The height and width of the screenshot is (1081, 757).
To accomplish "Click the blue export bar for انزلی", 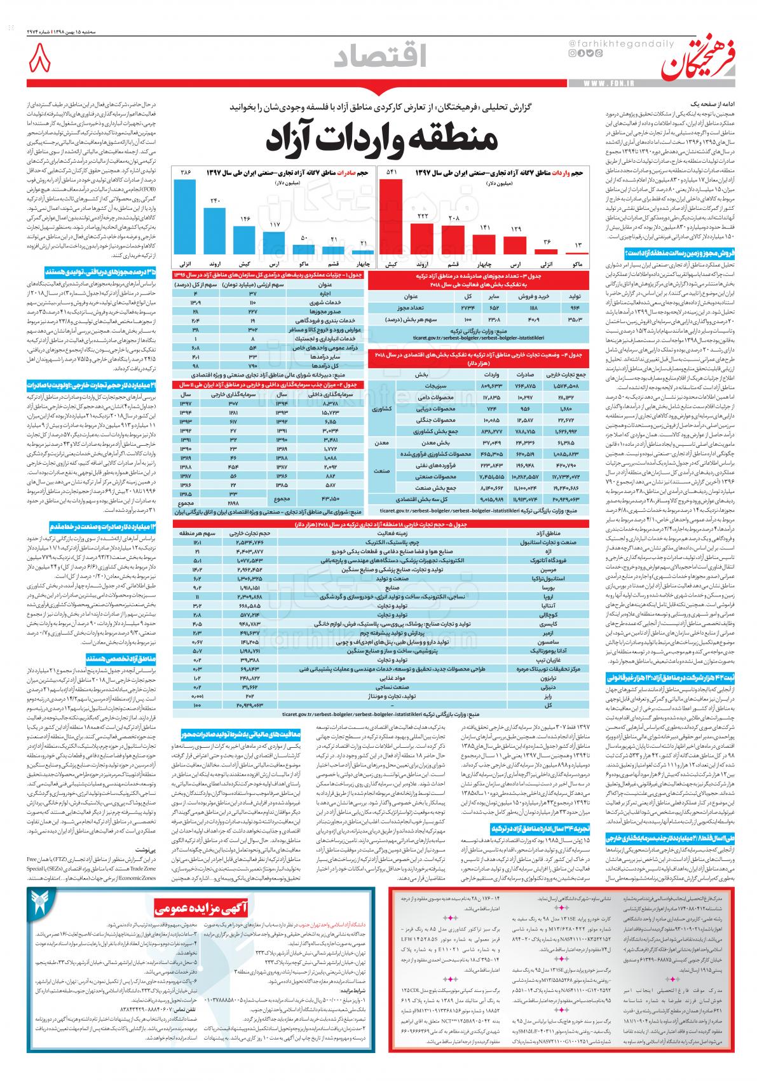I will [x=185, y=217].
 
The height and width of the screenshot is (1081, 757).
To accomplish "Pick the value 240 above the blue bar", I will [x=215, y=202].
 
